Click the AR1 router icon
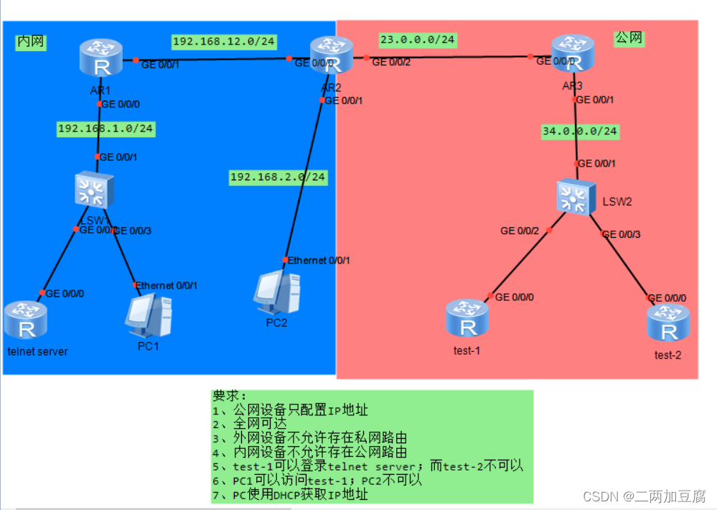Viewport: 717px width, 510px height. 101,58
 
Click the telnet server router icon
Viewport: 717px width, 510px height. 26,320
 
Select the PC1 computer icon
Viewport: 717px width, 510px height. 149,316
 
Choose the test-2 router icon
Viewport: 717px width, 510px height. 668,323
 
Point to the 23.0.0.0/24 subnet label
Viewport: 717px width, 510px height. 417,40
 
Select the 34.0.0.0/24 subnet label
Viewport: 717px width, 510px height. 581,131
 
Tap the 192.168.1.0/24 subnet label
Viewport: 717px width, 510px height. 106,129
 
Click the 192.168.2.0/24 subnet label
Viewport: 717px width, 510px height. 278,177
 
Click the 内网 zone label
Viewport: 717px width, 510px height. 31,42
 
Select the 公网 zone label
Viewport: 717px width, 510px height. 629,38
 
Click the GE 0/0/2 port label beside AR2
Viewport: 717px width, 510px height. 391,63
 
